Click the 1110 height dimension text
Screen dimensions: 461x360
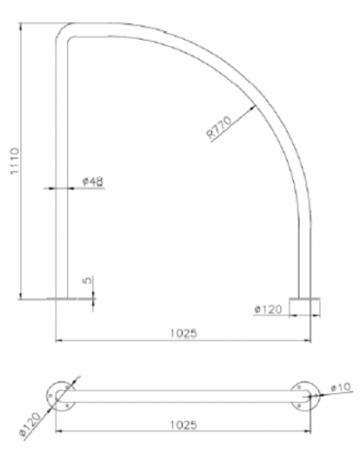click(10, 161)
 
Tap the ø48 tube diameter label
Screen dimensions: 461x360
click(93, 182)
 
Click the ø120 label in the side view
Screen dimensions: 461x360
click(269, 309)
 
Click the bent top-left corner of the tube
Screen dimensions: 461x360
click(63, 33)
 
